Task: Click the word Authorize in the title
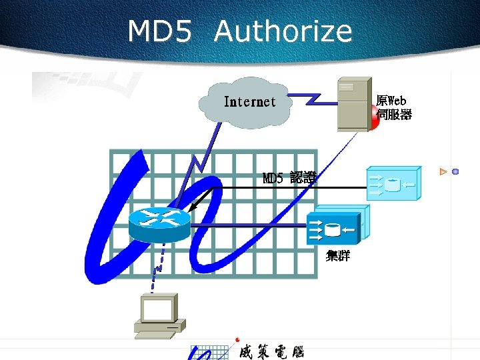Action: coord(283,31)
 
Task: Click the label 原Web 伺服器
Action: coord(393,107)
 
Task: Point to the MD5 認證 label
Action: coord(289,178)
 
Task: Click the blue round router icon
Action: coord(159,223)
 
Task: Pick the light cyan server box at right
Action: coord(393,183)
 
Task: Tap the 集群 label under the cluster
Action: coord(338,256)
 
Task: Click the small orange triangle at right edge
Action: coord(443,172)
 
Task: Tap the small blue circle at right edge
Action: coord(455,172)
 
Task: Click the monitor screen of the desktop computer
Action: coord(158,308)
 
